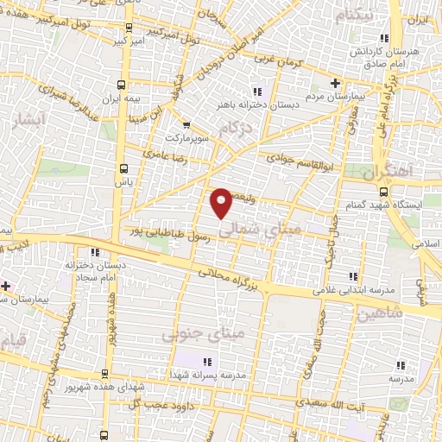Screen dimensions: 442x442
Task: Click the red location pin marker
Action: click(x=222, y=202)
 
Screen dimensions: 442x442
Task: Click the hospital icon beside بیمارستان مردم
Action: click(x=337, y=84)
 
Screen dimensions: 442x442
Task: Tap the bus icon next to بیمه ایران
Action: click(x=120, y=85)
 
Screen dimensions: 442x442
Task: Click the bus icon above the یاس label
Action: click(x=124, y=168)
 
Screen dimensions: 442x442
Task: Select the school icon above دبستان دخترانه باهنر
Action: click(x=256, y=92)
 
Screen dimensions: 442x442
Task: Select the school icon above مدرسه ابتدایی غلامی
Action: click(x=353, y=277)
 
